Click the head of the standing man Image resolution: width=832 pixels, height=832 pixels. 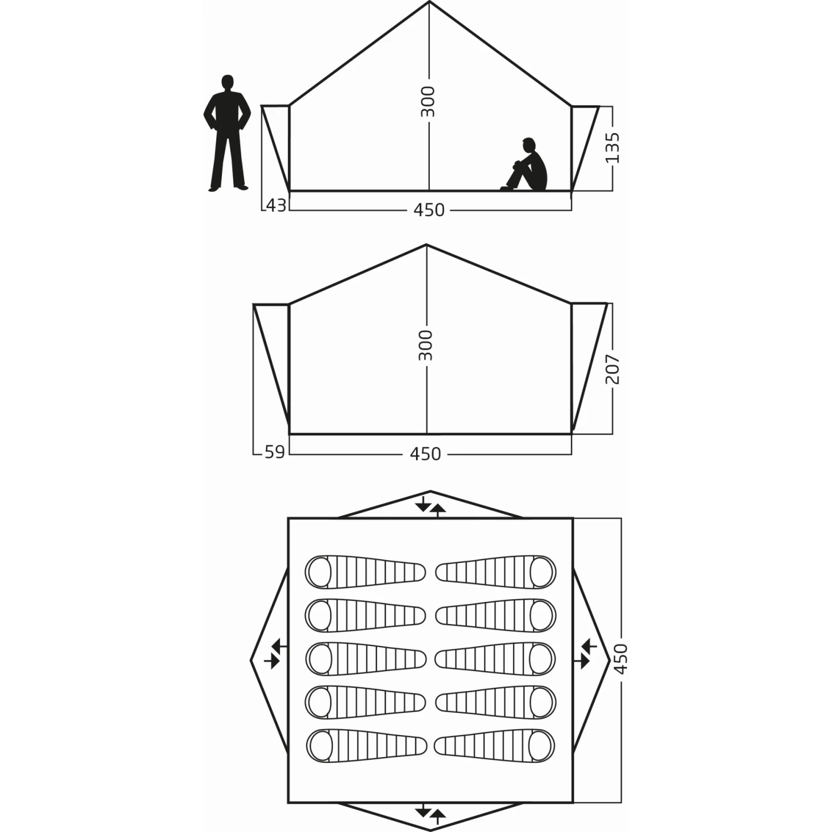227,82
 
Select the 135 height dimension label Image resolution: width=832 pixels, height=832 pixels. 612,148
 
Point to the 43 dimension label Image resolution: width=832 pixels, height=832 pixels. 276,206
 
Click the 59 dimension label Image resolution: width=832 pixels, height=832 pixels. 275,453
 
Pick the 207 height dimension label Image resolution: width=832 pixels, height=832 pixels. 612,369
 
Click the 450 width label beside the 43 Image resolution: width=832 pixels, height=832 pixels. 429,210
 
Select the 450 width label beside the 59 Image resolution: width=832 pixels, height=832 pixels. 425,454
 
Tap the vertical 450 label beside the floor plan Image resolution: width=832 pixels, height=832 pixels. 621,658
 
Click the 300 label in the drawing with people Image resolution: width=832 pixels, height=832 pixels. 428,102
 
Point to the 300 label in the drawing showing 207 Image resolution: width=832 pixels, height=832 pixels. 425,345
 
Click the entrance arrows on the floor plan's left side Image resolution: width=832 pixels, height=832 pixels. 276,653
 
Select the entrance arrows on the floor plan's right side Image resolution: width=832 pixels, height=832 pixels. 585,653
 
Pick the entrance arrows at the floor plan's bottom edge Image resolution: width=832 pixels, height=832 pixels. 430,813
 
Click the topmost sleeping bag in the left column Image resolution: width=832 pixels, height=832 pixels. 365,572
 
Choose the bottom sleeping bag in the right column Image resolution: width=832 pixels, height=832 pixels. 495,746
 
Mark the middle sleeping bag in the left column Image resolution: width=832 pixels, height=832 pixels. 365,658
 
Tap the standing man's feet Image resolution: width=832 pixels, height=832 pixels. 227,188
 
